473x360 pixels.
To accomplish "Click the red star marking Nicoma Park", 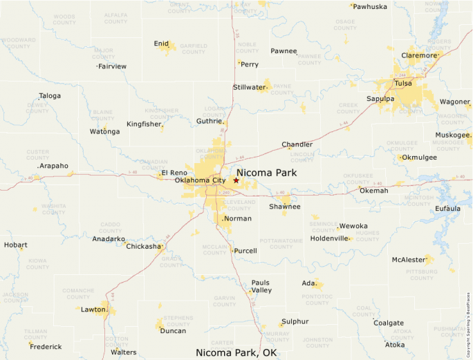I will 236,180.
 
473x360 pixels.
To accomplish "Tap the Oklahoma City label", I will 200,181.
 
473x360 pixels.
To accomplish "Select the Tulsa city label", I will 402,84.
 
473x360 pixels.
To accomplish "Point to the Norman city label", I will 237,218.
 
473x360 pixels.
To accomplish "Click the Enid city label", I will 161,44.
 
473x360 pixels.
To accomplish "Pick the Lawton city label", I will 93,310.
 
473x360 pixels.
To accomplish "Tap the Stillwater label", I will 250,87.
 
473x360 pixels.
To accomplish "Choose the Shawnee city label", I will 285,207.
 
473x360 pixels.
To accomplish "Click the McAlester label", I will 408,260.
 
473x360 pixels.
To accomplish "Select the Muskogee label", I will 453,135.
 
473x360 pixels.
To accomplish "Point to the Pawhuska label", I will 370,6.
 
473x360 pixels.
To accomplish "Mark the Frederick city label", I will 46,346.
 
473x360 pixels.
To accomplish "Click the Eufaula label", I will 448,208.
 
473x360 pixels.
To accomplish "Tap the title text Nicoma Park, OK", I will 236,352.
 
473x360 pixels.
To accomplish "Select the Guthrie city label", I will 210,121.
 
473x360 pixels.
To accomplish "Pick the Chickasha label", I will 143,246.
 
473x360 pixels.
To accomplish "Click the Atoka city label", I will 395,345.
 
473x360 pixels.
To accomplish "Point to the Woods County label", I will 64,19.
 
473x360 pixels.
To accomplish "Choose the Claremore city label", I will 419,55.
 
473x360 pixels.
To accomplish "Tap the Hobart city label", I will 15,245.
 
